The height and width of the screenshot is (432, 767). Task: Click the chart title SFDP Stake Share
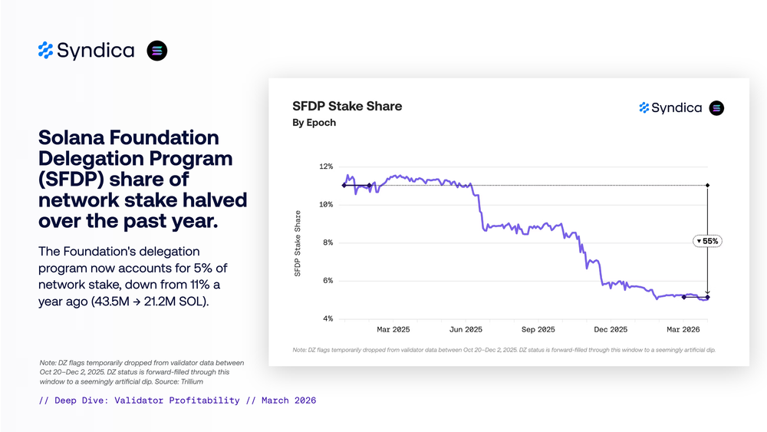(x=347, y=106)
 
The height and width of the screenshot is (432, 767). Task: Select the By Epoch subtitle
(x=314, y=123)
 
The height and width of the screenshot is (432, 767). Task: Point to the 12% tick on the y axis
(x=325, y=167)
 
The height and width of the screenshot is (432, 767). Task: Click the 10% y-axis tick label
(x=325, y=205)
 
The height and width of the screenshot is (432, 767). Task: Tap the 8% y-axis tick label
(x=327, y=242)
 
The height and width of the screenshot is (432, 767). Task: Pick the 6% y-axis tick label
(x=327, y=281)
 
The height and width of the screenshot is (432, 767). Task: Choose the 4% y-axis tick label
(x=327, y=318)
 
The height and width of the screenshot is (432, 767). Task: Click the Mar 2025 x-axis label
(x=393, y=330)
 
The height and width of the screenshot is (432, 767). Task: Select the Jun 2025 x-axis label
(x=466, y=330)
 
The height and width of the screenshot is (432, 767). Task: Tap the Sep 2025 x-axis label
(x=538, y=330)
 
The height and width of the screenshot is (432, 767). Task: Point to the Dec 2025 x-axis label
(x=611, y=330)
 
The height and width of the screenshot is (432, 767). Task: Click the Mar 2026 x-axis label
(x=683, y=330)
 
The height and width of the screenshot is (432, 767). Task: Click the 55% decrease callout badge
(x=706, y=241)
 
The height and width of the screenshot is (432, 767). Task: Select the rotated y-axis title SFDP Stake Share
(x=298, y=242)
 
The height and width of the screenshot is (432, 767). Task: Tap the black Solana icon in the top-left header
(x=157, y=51)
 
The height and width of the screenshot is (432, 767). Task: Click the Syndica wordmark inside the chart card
(x=676, y=108)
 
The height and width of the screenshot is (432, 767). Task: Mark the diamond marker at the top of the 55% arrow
(x=707, y=185)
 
